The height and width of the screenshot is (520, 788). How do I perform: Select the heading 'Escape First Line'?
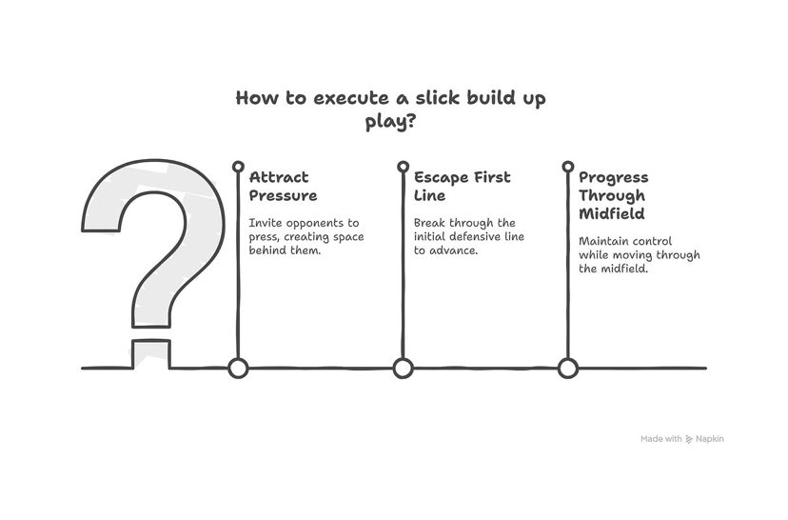pos(462,186)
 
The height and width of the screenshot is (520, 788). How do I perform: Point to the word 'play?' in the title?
pos(391,122)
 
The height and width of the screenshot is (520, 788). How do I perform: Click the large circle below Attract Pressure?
pos(238,368)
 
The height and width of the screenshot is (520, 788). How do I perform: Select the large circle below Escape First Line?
pos(403,368)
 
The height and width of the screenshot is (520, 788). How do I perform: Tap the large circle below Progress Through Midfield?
pos(568,368)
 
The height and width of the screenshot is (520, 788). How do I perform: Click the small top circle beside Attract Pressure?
pos(238,167)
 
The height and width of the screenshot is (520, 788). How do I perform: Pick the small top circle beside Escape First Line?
pos(403,167)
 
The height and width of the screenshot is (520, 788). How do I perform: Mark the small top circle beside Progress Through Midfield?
pos(568,167)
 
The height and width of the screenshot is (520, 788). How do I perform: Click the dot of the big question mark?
pos(150,351)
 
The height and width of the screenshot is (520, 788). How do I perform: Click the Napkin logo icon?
pos(689,439)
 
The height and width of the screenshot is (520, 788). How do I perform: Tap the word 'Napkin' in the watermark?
pos(709,439)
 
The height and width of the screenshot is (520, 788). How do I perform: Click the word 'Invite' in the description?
pos(264,222)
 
